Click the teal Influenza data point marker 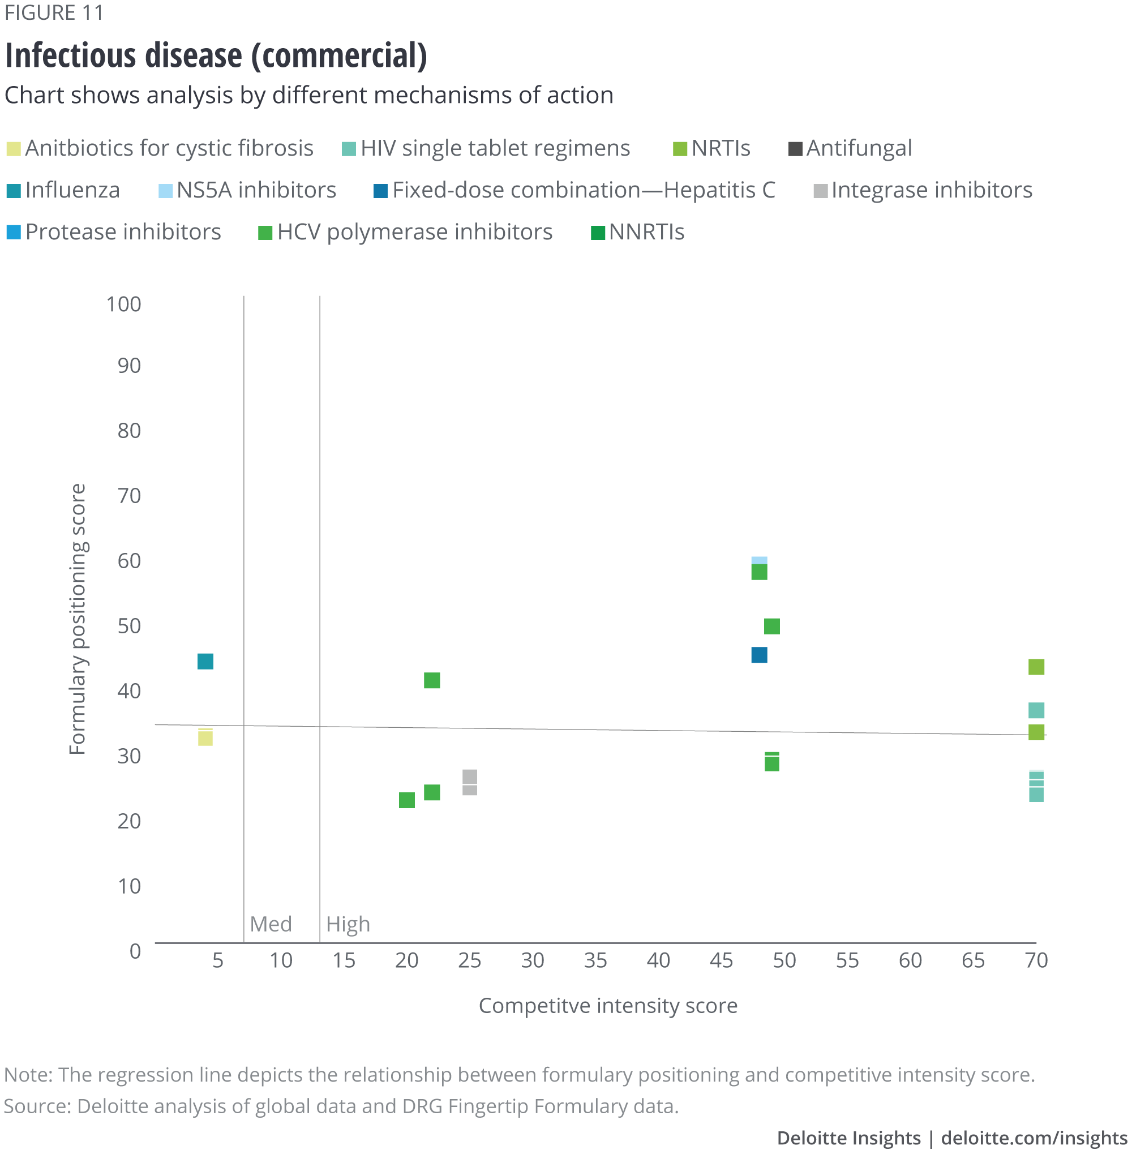205,661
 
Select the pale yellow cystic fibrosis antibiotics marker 205,737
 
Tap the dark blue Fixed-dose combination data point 759,655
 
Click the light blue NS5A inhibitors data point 759,560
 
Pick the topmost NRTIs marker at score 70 1036,667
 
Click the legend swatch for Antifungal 795,149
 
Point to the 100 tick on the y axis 123,304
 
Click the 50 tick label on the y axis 129,625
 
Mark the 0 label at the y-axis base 135,951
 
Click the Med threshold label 271,924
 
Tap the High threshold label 348,924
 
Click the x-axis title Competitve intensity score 608,1006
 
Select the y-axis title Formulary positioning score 78,619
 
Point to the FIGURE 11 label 54,12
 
